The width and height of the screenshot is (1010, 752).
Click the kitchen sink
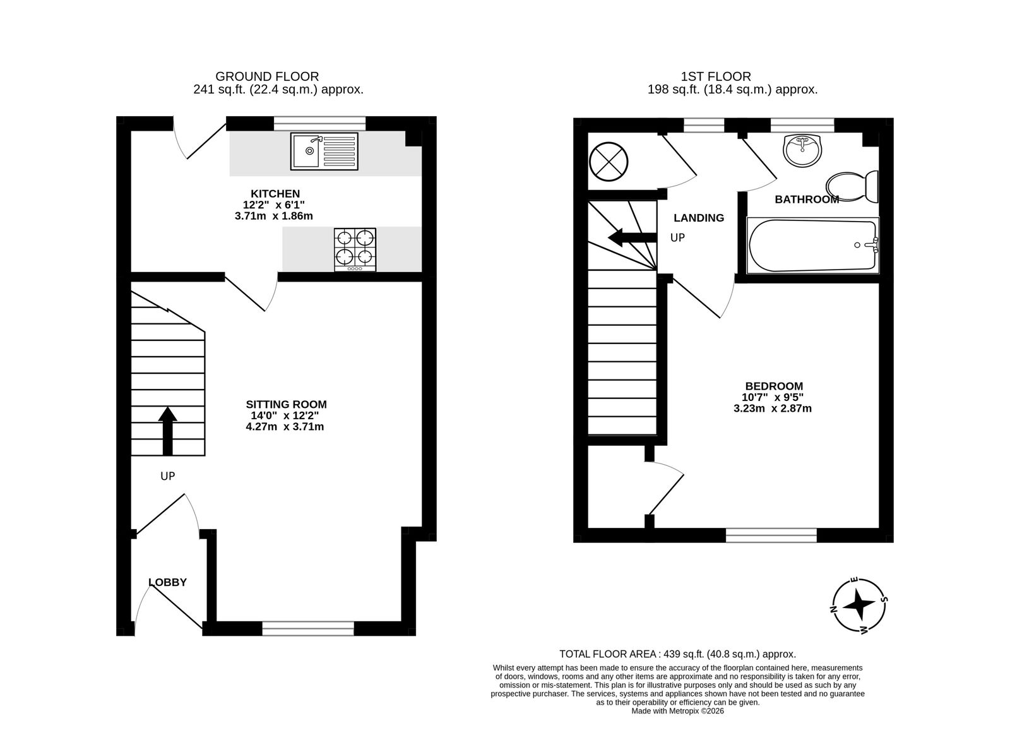click(x=324, y=151)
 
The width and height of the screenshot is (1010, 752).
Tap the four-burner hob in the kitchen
click(x=355, y=249)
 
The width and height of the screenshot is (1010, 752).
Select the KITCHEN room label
click(x=275, y=194)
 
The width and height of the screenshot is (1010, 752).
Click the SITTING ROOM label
click(x=286, y=404)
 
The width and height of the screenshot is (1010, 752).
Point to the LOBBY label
click(x=167, y=582)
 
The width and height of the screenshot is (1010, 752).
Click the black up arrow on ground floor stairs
click(x=167, y=431)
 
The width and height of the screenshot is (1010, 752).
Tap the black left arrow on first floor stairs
click(x=632, y=237)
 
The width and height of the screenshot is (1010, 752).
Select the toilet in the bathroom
click(x=852, y=186)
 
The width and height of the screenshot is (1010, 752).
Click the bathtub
click(x=813, y=246)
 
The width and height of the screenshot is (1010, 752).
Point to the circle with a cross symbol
click(x=609, y=161)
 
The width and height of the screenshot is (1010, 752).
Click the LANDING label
click(x=699, y=218)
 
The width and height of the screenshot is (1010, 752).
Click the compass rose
click(x=859, y=605)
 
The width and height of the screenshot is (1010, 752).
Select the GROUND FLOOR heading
click(x=267, y=76)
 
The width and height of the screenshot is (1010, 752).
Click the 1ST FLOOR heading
click(x=716, y=76)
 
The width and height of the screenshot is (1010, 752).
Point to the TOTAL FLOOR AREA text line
click(x=677, y=654)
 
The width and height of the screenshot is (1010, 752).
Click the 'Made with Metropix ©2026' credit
click(x=677, y=711)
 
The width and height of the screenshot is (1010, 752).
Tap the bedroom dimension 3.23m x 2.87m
click(x=772, y=409)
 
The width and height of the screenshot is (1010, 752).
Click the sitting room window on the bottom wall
click(x=308, y=628)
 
